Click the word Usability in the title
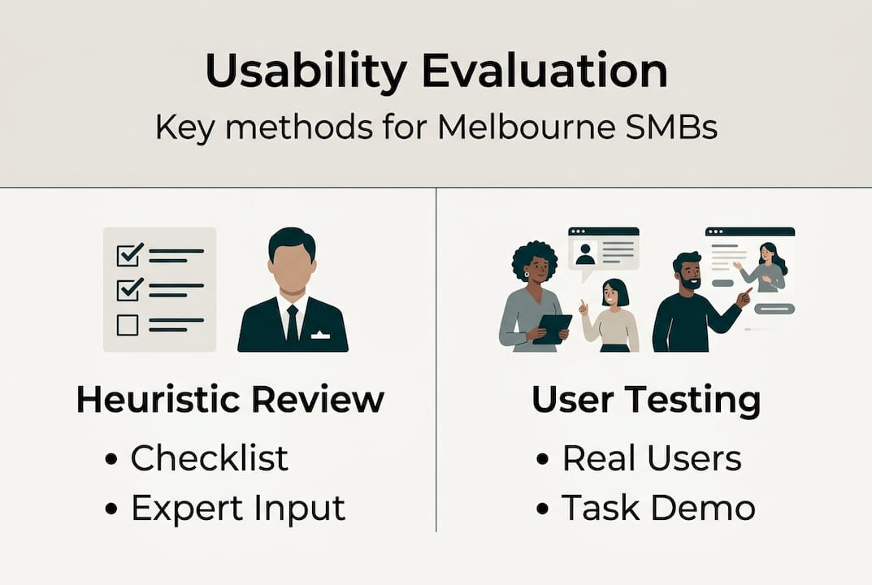click(306, 72)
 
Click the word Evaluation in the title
click(545, 71)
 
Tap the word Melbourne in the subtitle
click(526, 127)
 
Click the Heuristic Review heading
click(230, 399)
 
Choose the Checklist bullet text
click(209, 457)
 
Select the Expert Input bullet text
click(238, 508)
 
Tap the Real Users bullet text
click(652, 457)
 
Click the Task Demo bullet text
click(658, 507)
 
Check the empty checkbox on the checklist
click(128, 325)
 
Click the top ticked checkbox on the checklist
click(129, 254)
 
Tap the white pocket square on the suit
click(320, 336)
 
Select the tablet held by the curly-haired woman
click(553, 329)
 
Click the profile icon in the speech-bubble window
click(585, 253)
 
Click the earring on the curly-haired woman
click(526, 274)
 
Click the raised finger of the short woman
click(581, 304)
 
